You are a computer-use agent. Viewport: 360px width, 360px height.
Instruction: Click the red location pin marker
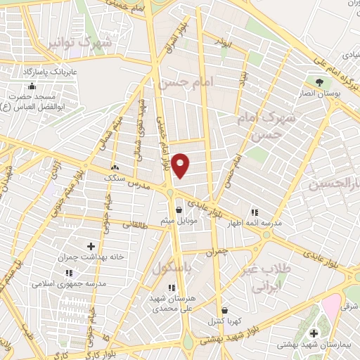[x=181, y=165]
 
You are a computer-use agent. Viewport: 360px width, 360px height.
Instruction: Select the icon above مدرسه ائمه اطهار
[x=255, y=212]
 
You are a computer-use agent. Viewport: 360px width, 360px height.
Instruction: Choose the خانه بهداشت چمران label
[x=91, y=257]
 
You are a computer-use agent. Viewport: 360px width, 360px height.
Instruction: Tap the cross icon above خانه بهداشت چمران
[x=91, y=246]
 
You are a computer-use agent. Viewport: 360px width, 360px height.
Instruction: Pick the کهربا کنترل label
[x=224, y=321]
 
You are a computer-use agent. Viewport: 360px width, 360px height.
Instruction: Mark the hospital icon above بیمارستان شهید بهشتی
[x=313, y=333]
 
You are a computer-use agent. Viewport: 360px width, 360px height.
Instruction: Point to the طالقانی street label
[x=135, y=226]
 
